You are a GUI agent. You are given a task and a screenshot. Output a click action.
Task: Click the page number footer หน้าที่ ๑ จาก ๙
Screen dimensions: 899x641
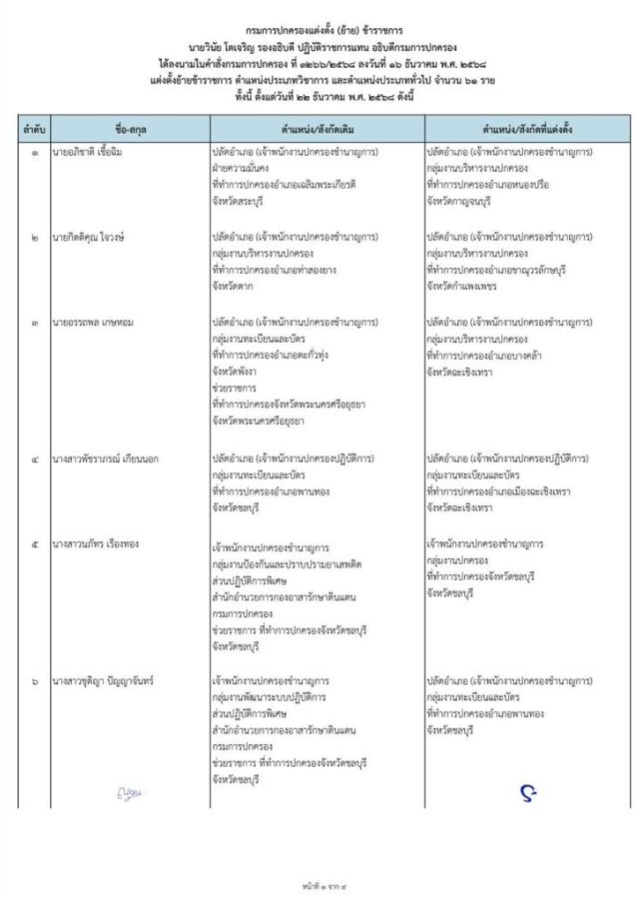click(x=320, y=886)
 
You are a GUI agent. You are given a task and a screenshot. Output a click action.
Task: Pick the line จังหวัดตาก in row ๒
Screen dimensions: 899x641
click(x=233, y=287)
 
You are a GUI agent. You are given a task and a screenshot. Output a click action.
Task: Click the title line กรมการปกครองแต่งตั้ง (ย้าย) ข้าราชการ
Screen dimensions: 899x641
click(x=320, y=33)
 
